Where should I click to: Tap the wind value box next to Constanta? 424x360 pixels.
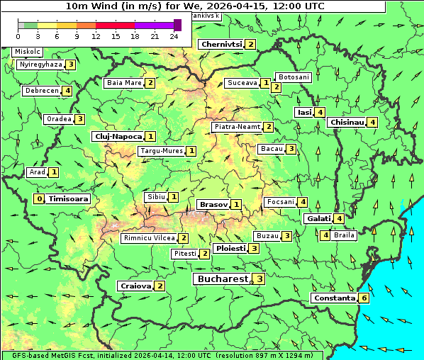[x=364, y=298]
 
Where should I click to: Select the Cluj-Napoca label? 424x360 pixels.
[x=118, y=136]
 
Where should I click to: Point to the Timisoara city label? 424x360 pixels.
[x=69, y=199]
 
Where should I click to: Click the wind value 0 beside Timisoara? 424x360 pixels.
[x=39, y=199]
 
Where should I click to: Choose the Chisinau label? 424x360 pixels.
[x=347, y=123]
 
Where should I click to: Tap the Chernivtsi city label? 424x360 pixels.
[x=221, y=45]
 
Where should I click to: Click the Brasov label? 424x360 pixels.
[x=213, y=205]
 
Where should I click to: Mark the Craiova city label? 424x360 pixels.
[x=135, y=286]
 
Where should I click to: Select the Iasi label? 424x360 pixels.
[x=304, y=112]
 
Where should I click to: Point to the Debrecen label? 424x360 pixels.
[x=41, y=91]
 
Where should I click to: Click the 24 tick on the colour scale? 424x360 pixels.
[x=174, y=36]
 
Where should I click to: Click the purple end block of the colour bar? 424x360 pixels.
[x=177, y=25]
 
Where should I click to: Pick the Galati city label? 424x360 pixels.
[x=318, y=219]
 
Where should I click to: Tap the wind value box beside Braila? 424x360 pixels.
[x=325, y=235]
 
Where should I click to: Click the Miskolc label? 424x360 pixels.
[x=27, y=52]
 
